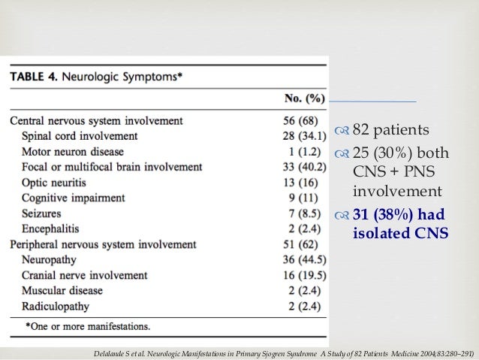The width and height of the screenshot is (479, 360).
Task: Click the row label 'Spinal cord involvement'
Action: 80,136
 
